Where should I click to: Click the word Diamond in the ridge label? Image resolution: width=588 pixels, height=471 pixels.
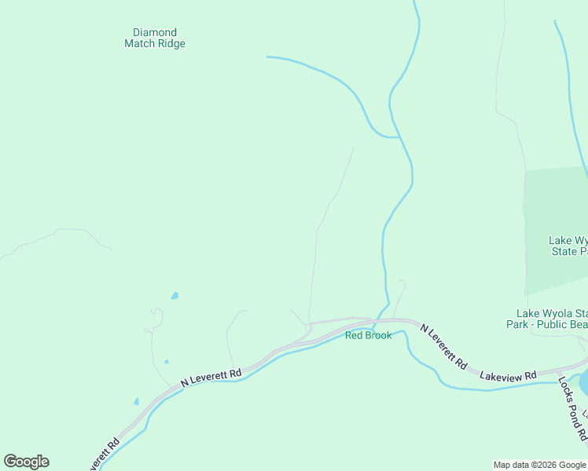point(155,33)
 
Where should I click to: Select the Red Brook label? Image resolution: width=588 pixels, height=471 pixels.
point(368,335)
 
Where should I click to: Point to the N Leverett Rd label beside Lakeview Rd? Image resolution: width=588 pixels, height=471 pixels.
point(443,347)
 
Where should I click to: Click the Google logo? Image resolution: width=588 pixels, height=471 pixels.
point(26,462)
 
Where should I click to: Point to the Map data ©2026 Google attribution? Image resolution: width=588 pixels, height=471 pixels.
point(540,465)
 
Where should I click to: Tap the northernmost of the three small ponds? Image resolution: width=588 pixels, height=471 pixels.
point(175,296)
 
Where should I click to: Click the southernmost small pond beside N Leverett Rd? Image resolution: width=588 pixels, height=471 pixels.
point(136,402)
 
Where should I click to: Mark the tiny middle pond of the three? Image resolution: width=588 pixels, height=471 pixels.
point(166,362)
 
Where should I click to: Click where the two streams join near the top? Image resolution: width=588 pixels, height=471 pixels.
point(399,137)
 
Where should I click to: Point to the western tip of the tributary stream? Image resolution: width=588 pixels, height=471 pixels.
point(268,57)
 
